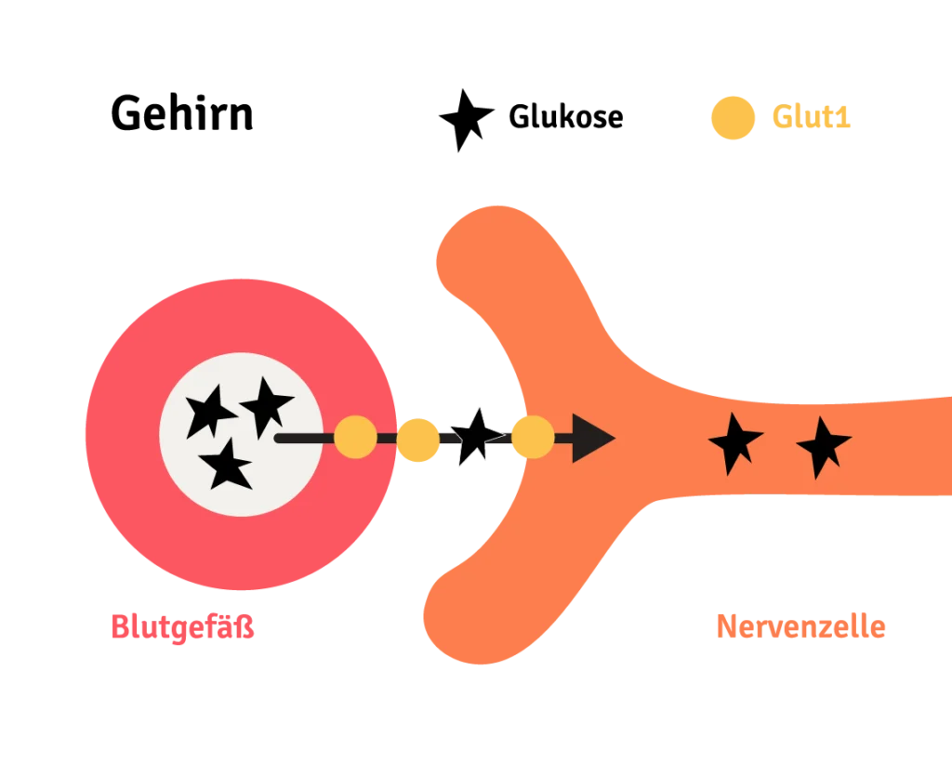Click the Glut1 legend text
(x=812, y=117)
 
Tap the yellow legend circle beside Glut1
(x=732, y=117)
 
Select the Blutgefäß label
(x=183, y=625)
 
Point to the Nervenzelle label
(x=800, y=625)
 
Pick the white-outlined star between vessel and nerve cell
(x=475, y=436)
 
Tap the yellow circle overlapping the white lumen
(x=355, y=438)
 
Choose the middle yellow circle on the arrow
(x=417, y=440)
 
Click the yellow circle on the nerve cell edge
(x=533, y=437)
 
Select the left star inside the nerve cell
(x=734, y=442)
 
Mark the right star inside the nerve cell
(x=822, y=446)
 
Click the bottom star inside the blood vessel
(x=227, y=466)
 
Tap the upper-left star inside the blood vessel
(x=208, y=410)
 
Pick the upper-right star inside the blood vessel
(x=266, y=404)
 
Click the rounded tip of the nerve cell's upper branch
(x=483, y=246)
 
